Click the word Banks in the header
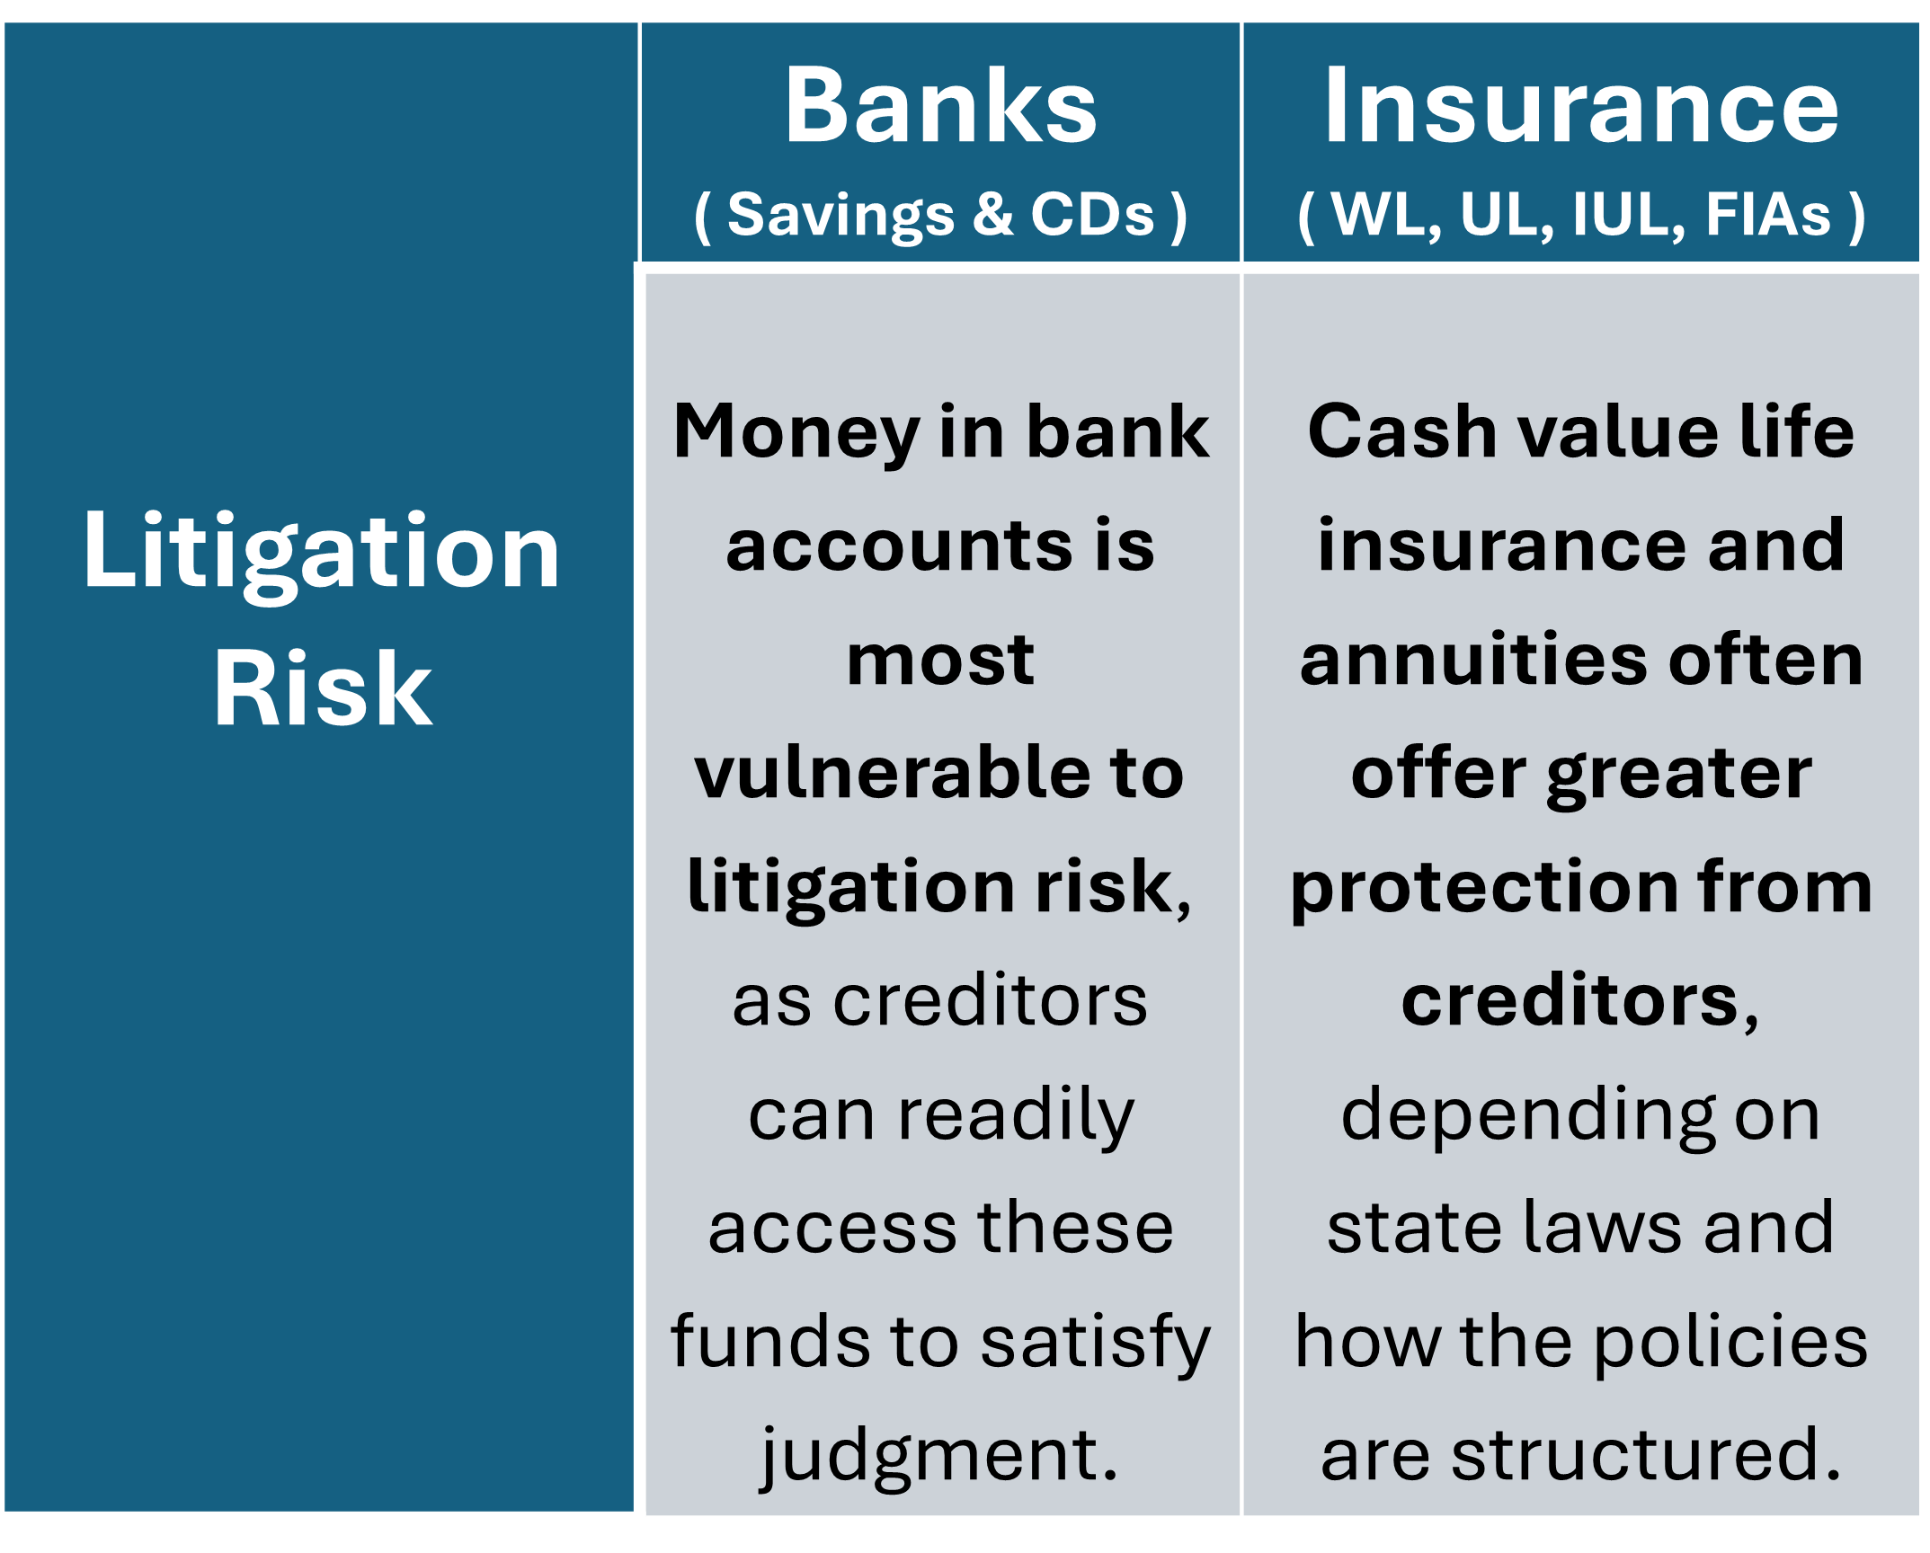pos(940,105)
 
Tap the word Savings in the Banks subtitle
pos(840,217)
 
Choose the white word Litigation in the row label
pos(322,553)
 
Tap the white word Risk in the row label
pos(323,688)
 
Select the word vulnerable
pos(885,772)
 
